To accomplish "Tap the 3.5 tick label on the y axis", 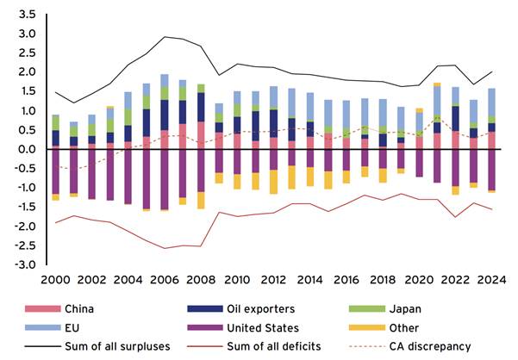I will click(25, 16).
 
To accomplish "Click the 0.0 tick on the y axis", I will click(25, 149).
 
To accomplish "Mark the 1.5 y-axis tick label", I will click(25, 92).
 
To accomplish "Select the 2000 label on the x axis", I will click(55, 280).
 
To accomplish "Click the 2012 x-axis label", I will click(273, 280).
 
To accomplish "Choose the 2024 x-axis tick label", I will click(491, 280).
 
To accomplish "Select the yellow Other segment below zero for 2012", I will click(273, 182).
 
